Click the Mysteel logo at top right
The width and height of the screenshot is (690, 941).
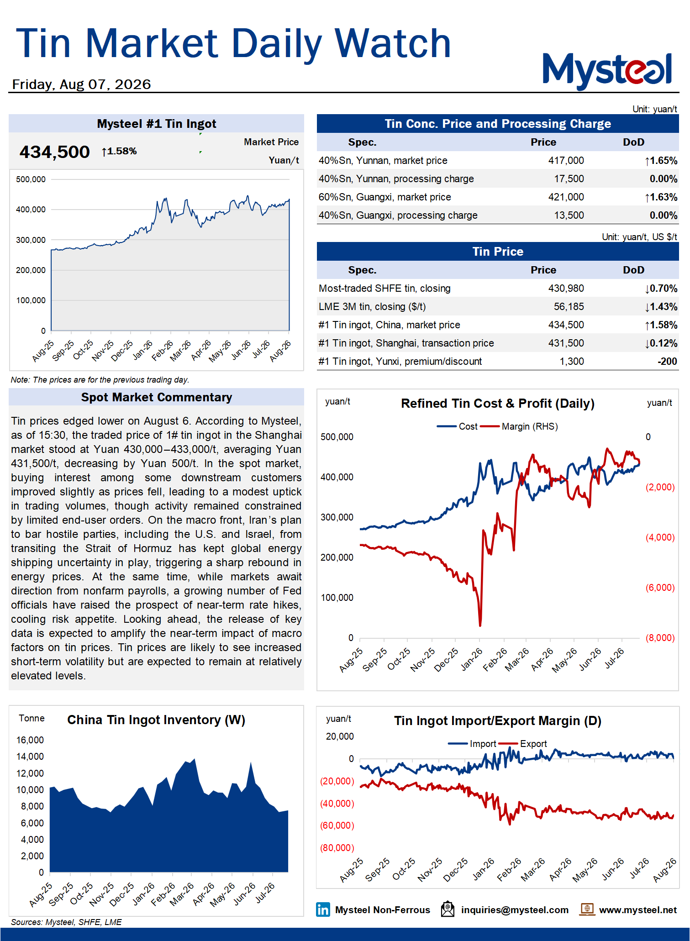coord(607,71)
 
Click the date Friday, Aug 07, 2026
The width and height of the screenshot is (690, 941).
coord(81,84)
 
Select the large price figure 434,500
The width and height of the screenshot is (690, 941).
coord(54,152)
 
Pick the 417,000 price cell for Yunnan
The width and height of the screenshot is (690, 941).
coord(566,161)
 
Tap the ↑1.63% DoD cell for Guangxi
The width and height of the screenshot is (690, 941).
coord(661,197)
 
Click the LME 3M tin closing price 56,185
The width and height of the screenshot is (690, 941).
coord(569,307)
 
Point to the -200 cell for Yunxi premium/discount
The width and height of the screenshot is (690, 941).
coord(667,362)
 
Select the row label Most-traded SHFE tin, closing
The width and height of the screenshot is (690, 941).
coord(385,289)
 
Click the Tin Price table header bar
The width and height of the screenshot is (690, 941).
coord(498,252)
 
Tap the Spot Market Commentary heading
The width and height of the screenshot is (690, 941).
coord(157,397)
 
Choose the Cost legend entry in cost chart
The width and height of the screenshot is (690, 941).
coord(457,426)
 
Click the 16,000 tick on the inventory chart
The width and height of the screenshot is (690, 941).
coord(30,740)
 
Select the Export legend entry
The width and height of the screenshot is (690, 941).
coord(522,744)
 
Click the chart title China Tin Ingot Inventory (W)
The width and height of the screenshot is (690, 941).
coord(156,720)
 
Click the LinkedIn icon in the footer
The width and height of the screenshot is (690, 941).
coord(323,909)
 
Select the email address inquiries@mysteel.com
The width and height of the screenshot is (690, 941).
coord(515,910)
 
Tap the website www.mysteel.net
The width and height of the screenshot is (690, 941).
coord(637,910)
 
